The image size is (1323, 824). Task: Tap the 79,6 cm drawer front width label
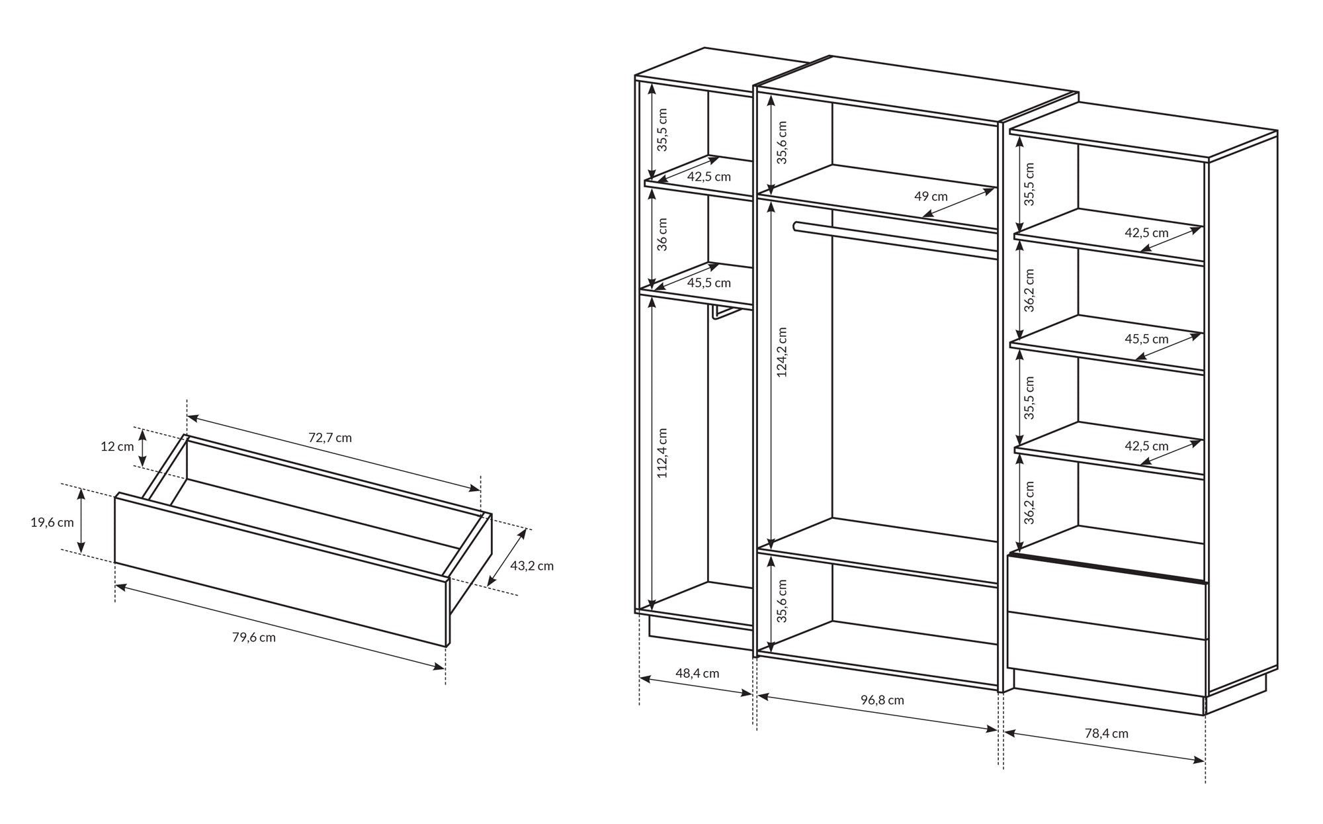(254, 637)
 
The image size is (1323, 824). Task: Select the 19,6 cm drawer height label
(52, 522)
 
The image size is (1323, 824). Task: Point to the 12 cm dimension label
(117, 446)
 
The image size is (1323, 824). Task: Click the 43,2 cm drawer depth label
(532, 566)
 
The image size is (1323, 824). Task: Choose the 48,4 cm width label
(697, 673)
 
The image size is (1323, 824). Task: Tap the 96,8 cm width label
(882, 700)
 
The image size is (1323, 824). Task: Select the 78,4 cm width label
(1107, 733)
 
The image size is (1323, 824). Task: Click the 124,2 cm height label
(782, 351)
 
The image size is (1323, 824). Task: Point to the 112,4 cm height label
(663, 453)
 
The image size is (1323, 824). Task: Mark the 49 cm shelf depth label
(931, 196)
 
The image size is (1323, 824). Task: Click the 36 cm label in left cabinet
(663, 234)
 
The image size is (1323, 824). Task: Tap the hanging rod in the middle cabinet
(895, 240)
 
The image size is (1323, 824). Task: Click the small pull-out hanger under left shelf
(725, 312)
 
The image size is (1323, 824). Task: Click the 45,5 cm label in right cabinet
(1146, 339)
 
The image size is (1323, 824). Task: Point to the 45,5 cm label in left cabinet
(708, 283)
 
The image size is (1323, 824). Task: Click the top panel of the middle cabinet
(916, 89)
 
